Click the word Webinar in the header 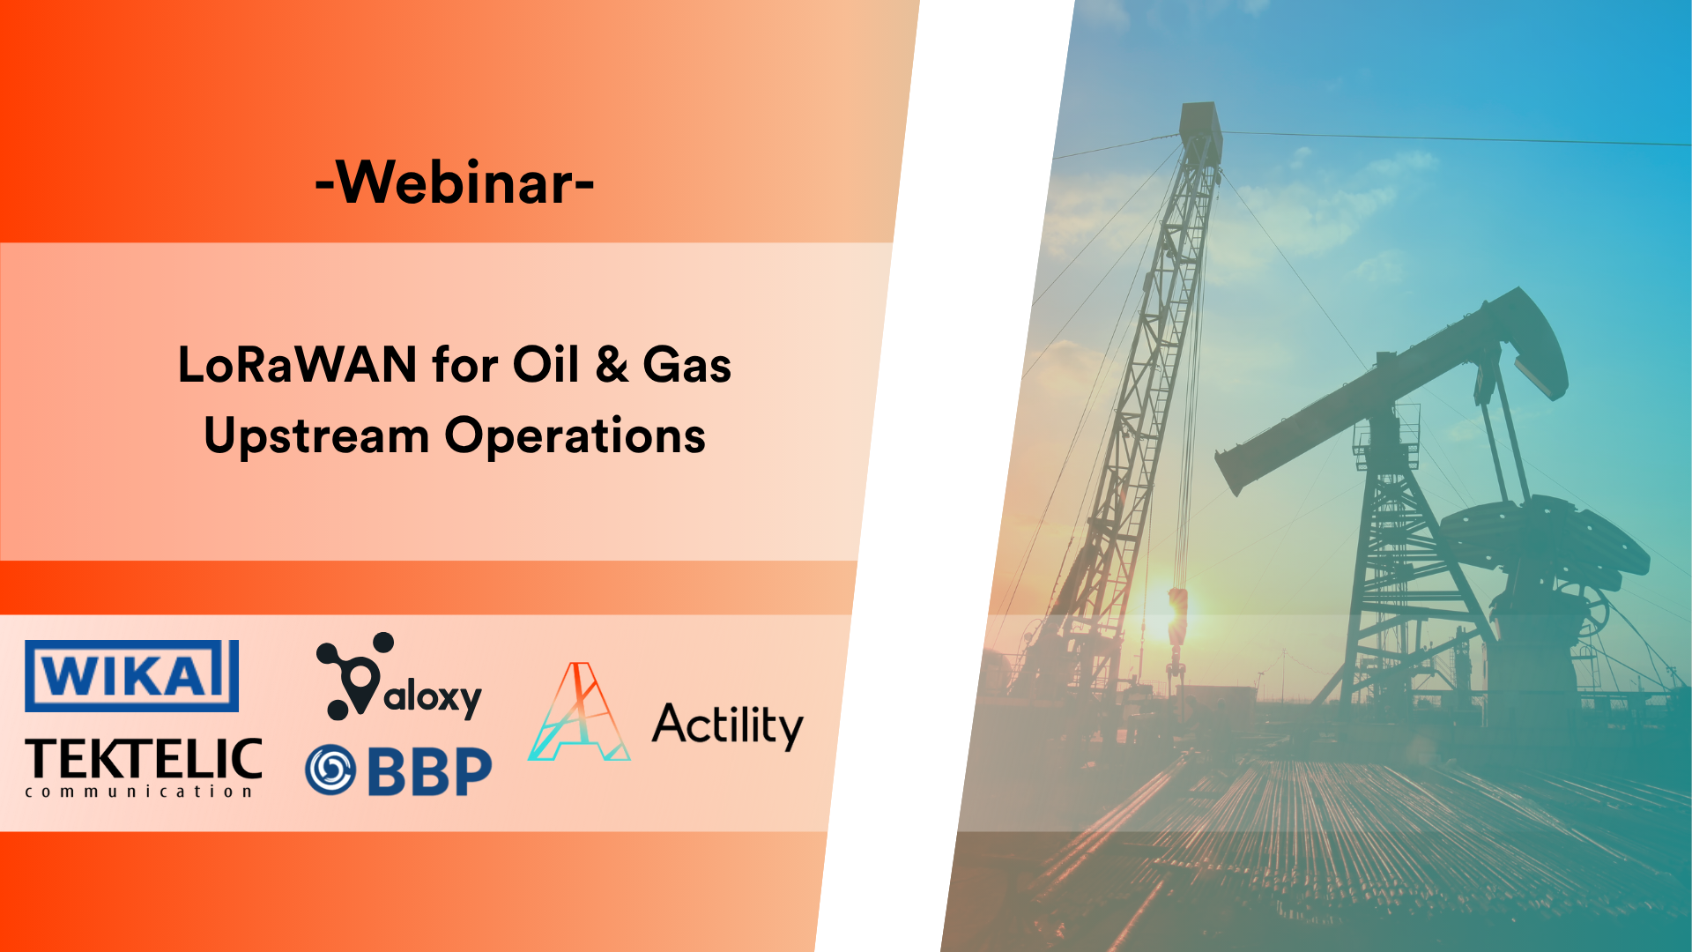(x=455, y=182)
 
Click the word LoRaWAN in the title (x=297, y=364)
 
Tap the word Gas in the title (x=686, y=364)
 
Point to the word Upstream (x=316, y=436)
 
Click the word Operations (x=575, y=435)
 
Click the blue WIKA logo (x=131, y=676)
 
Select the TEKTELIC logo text (x=144, y=759)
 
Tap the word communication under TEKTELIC (x=139, y=792)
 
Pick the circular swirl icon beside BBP (x=330, y=770)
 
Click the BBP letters (x=429, y=771)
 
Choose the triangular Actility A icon (x=579, y=714)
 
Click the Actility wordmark (x=727, y=725)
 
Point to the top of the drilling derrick (x=1200, y=119)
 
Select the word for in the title (x=464, y=364)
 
